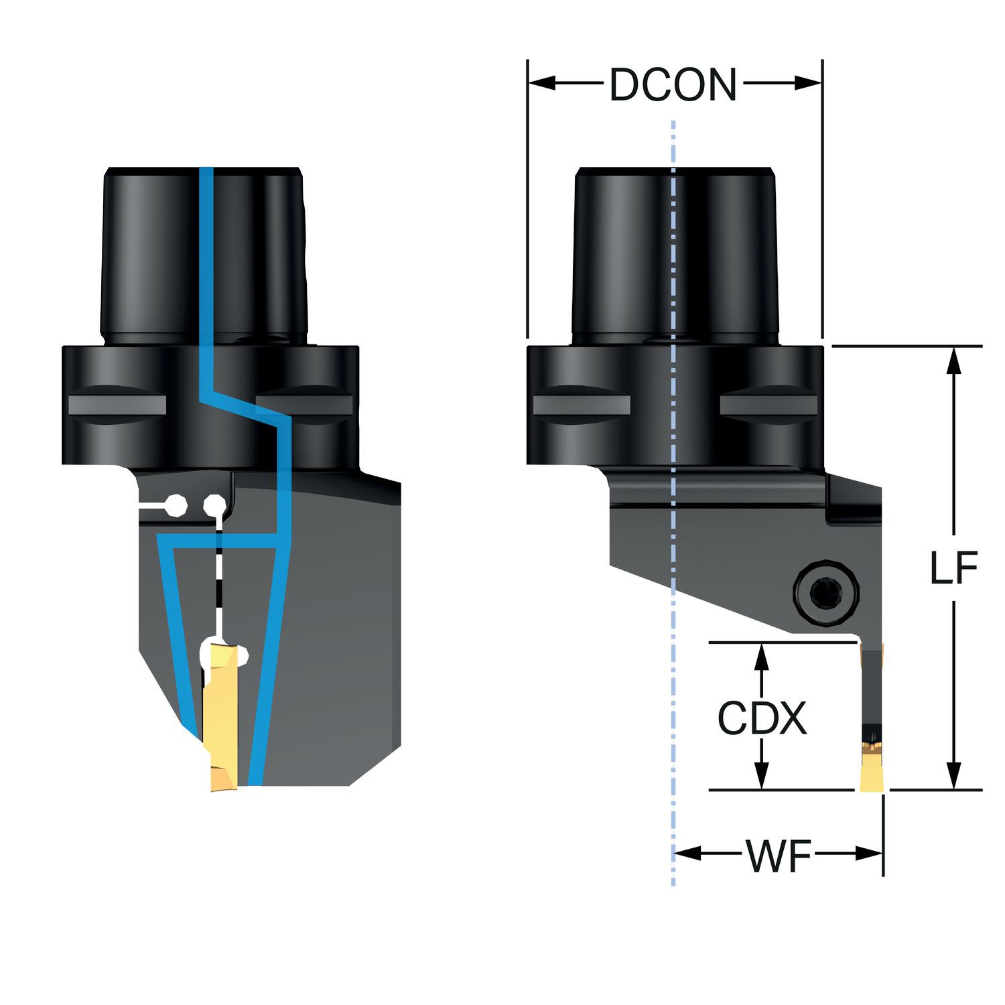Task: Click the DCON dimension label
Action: tap(673, 85)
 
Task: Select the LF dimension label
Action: tap(954, 568)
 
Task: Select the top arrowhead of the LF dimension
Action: tap(955, 360)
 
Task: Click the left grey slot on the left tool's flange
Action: tap(117, 404)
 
